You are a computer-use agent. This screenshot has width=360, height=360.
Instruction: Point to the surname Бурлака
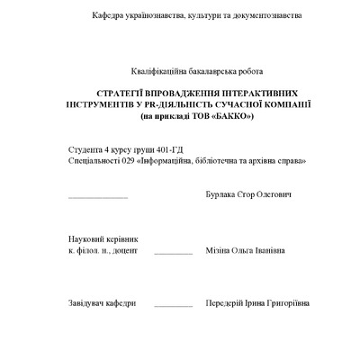[221, 194]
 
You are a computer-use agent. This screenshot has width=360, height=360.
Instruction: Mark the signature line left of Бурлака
[98, 197]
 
